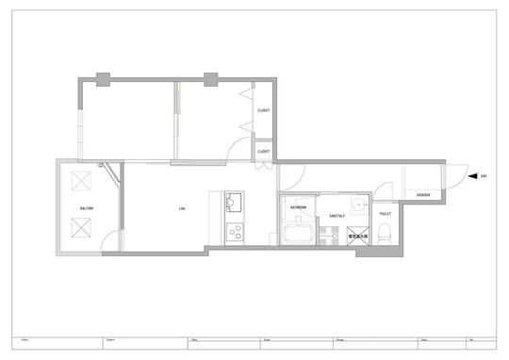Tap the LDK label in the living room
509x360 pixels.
point(182,207)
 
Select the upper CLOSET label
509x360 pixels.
point(263,110)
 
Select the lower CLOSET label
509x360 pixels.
point(263,151)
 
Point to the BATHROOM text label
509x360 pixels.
point(298,206)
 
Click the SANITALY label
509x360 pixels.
point(337,216)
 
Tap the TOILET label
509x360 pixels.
point(386,214)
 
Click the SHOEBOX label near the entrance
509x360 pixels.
point(423,195)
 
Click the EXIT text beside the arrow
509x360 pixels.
point(484,176)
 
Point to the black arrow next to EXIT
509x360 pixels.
point(472,176)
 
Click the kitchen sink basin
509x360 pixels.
point(234,202)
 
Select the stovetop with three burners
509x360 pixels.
point(234,231)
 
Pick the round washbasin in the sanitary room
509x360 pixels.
point(356,205)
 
